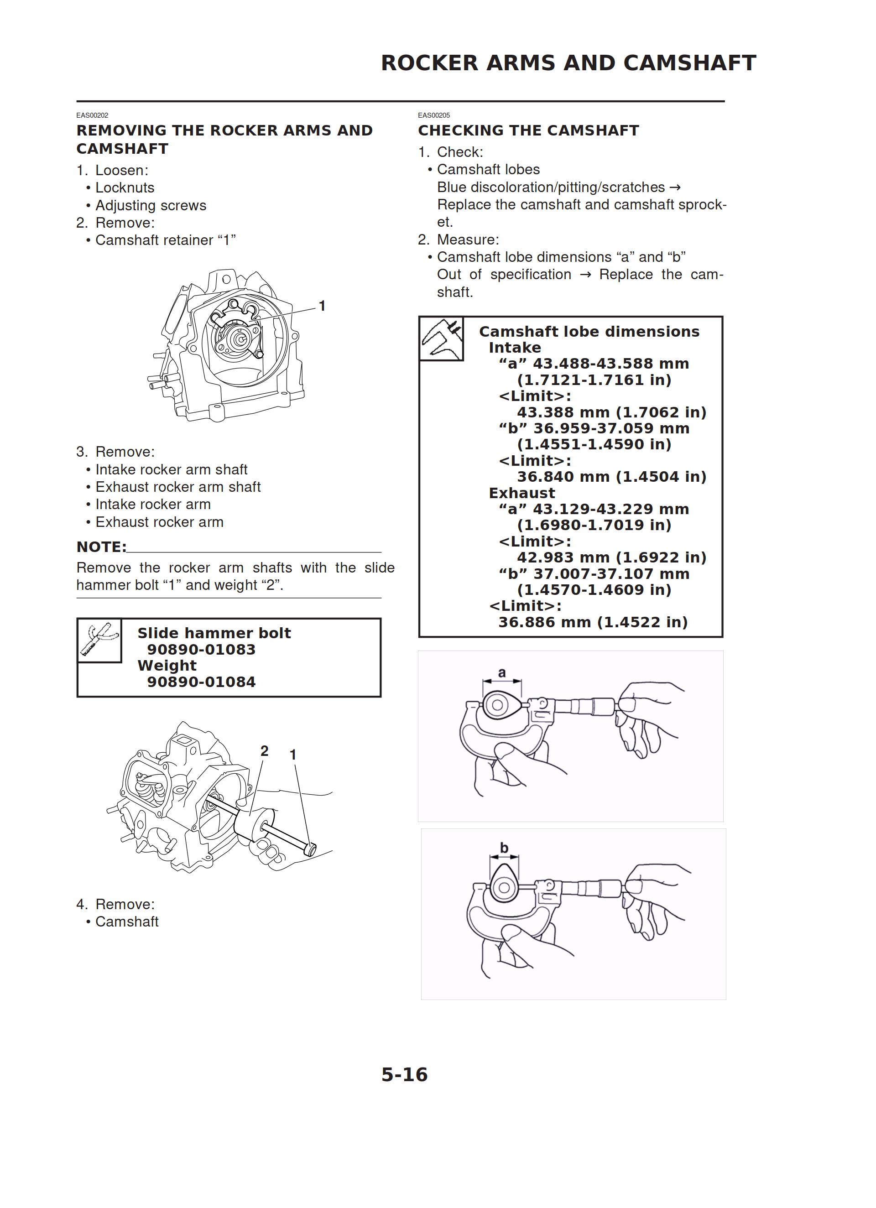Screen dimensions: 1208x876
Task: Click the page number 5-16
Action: (404, 1074)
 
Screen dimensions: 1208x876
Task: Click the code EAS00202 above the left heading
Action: (92, 115)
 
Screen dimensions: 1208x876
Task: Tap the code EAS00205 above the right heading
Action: (434, 115)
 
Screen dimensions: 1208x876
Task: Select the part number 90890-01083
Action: (201, 649)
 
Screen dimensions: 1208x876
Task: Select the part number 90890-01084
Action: (201, 682)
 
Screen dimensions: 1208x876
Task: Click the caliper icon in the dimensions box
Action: (441, 339)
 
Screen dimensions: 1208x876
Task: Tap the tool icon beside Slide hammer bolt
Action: (99, 640)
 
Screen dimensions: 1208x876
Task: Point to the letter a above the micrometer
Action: (501, 673)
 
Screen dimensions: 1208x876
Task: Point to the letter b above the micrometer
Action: (504, 848)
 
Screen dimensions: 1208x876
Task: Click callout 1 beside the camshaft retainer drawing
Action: (322, 306)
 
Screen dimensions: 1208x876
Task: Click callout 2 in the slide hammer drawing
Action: (264, 751)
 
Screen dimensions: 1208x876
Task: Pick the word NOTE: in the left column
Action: (101, 547)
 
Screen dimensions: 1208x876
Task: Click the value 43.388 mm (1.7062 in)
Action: (611, 412)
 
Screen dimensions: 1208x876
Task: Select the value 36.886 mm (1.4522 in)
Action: (593, 622)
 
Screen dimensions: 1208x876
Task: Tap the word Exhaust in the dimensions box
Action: (521, 493)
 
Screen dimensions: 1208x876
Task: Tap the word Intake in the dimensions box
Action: (515, 348)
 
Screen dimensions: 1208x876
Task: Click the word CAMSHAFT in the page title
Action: (689, 63)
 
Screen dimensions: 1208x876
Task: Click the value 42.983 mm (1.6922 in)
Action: (611, 557)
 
